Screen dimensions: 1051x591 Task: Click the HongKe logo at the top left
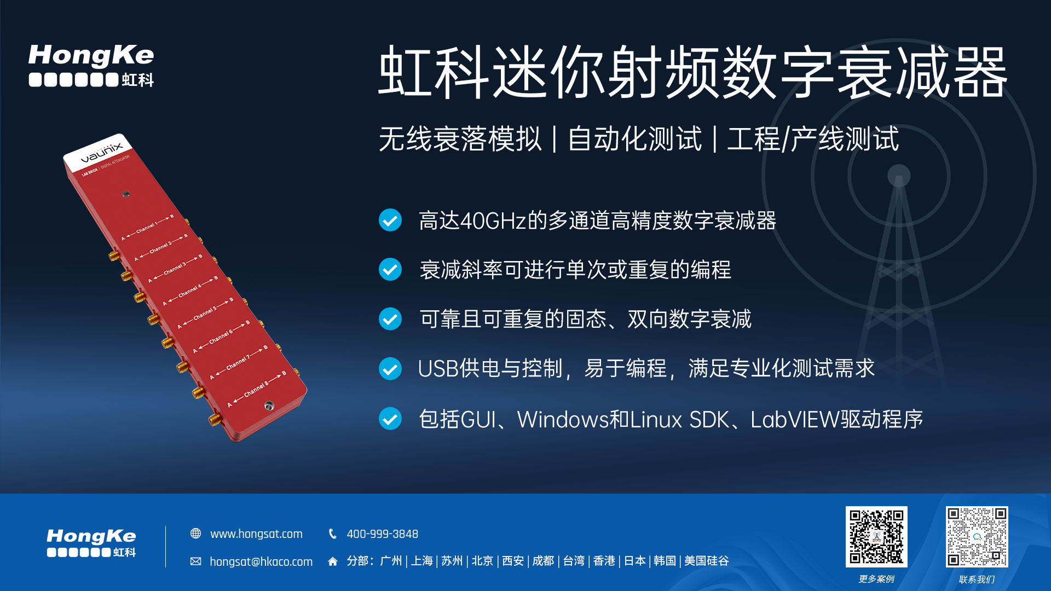click(x=91, y=66)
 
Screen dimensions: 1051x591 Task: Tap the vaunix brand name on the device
click(x=102, y=153)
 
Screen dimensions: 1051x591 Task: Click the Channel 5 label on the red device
click(x=205, y=313)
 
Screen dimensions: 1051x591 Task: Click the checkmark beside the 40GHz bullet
click(x=390, y=220)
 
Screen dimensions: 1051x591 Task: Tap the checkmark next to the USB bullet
click(x=390, y=368)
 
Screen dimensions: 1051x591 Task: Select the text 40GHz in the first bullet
click(x=493, y=221)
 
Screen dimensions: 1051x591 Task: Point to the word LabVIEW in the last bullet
click(x=795, y=420)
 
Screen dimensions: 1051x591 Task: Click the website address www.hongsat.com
click(x=256, y=534)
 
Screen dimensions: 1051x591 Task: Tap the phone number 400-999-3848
click(x=383, y=534)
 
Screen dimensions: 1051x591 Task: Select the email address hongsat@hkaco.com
click(x=261, y=561)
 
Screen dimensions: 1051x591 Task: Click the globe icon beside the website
click(x=195, y=534)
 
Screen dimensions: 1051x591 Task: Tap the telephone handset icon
click(x=332, y=534)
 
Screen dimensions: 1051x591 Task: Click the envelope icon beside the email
click(x=195, y=561)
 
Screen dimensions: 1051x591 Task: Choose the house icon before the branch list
click(x=332, y=561)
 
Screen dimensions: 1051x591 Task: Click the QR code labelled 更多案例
click(x=876, y=536)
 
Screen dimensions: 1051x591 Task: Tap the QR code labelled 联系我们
click(x=977, y=536)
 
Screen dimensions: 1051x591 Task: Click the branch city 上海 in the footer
click(x=421, y=561)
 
